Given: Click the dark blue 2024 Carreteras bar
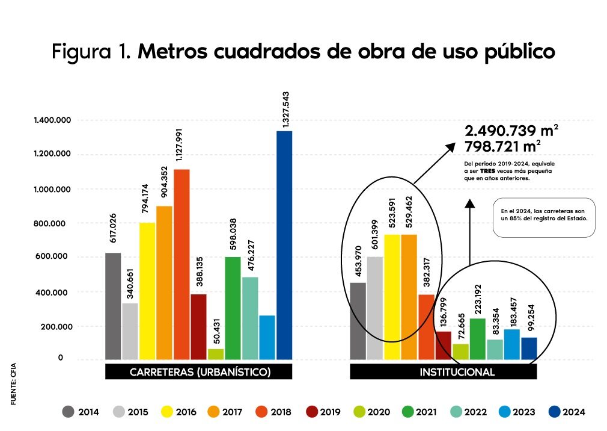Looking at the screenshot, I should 284,244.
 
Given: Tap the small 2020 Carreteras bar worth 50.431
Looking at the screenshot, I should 216,354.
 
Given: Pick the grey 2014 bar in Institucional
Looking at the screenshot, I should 358,320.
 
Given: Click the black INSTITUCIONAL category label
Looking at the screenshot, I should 443,372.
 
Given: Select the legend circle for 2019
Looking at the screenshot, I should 313,412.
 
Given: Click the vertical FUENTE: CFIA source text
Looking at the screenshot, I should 13,382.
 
